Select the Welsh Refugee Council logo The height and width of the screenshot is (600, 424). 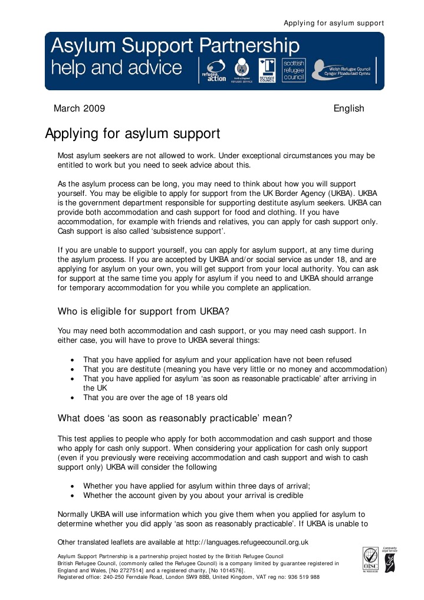tap(344, 70)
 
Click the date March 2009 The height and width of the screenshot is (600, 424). tap(79, 109)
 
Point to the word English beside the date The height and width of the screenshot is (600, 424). tap(349, 109)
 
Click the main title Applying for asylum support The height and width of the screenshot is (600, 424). tap(133, 134)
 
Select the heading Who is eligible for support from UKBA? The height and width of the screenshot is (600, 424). tap(143, 312)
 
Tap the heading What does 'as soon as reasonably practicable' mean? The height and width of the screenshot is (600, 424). tap(175, 419)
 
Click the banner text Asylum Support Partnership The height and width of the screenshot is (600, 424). tap(175, 46)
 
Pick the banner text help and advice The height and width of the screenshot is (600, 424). tap(117, 67)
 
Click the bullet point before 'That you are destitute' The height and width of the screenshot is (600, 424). tap(72, 369)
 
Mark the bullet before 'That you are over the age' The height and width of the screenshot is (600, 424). tap(72, 398)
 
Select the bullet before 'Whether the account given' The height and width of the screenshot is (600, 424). tap(72, 496)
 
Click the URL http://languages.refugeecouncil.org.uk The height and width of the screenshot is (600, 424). tap(247, 542)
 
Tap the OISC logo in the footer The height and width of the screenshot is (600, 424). tap(370, 559)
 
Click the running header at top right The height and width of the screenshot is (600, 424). tap(334, 23)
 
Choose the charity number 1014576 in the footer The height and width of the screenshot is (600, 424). tap(227, 571)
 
